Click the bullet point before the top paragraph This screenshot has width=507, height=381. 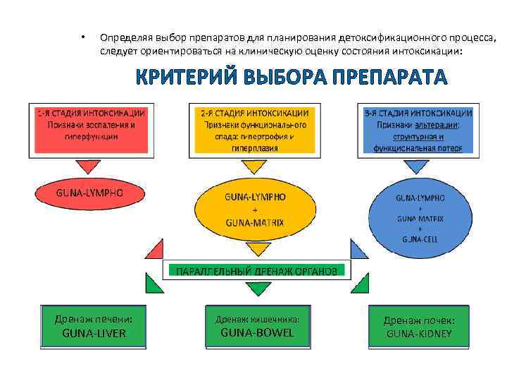82,37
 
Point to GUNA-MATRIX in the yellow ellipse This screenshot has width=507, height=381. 254,222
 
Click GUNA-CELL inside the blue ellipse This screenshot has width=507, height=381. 420,238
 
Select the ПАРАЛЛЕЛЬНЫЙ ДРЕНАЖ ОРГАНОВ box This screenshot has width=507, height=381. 256,270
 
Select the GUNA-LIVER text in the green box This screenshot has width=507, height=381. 94,333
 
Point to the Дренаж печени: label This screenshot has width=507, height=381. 94,319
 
